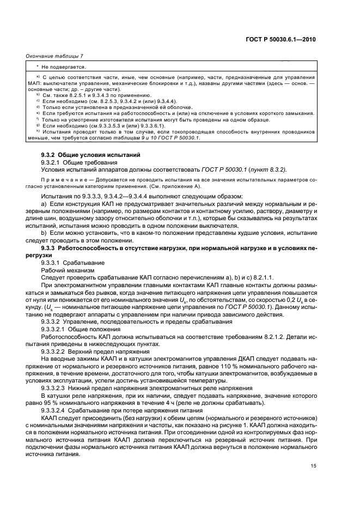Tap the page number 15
[313, 465]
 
